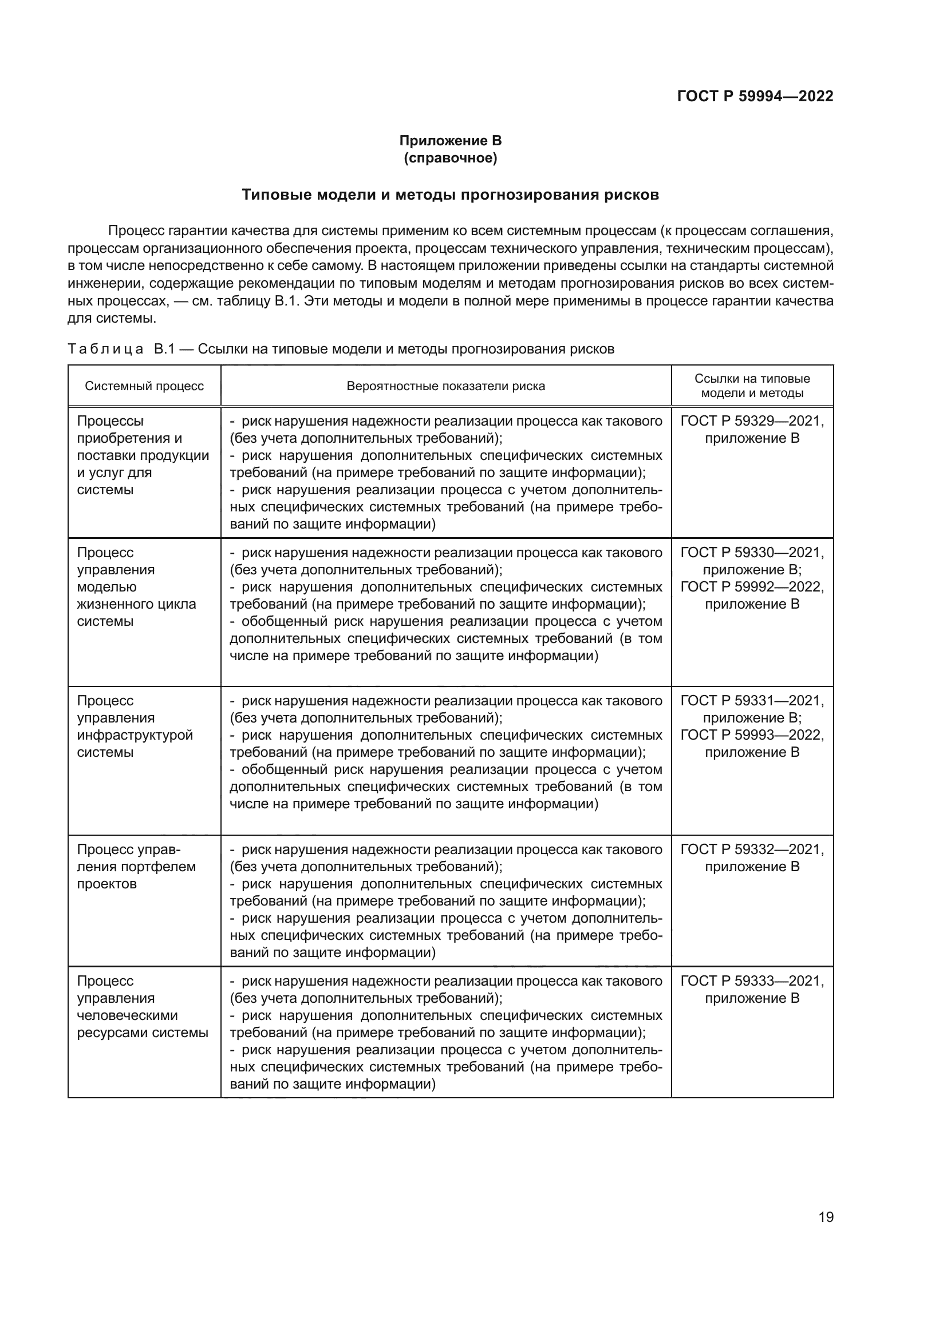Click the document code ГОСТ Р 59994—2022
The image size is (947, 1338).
(x=755, y=96)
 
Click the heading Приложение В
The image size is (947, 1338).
(x=450, y=141)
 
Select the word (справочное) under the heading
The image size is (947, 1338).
(x=450, y=158)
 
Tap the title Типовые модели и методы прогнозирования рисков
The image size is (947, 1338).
(x=450, y=194)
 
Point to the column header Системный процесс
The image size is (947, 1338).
(x=144, y=386)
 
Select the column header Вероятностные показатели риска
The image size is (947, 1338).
(x=445, y=386)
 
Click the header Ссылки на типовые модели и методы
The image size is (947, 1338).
(x=752, y=385)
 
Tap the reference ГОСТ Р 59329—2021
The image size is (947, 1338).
(x=752, y=421)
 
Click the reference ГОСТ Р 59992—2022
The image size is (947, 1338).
(x=752, y=587)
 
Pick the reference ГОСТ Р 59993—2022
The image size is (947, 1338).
(x=752, y=735)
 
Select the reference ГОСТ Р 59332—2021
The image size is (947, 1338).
(x=752, y=849)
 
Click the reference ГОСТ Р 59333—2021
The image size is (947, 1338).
(x=752, y=981)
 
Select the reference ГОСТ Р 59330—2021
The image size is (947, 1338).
(x=752, y=553)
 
